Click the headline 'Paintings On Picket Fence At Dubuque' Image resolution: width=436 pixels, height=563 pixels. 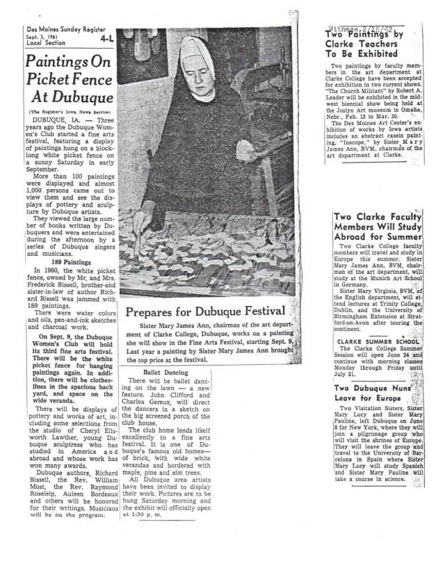tap(68, 80)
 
